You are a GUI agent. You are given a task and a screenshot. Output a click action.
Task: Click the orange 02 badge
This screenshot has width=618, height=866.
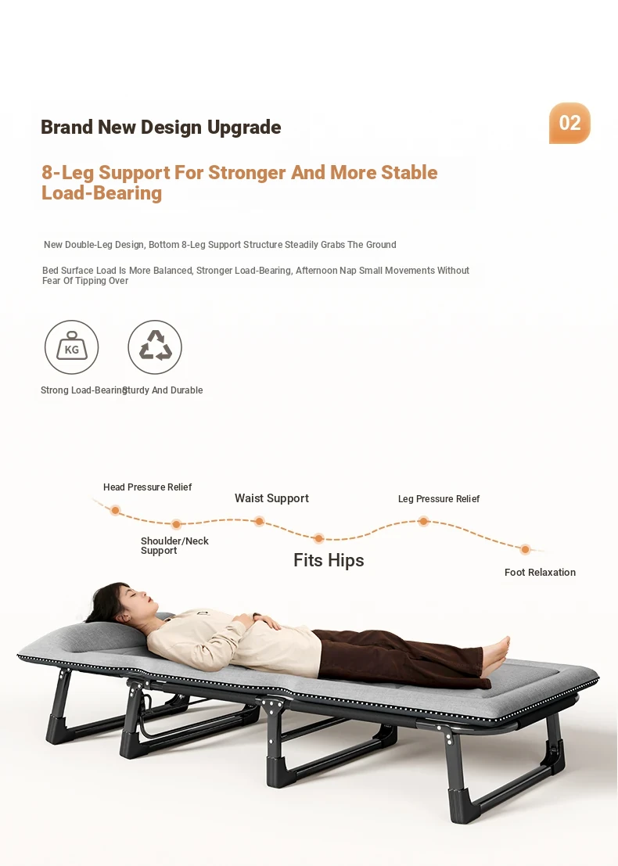[569, 123]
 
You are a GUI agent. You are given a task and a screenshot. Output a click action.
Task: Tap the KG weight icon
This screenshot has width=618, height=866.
[71, 347]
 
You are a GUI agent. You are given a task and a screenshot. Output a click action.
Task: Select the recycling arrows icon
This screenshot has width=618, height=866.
[155, 347]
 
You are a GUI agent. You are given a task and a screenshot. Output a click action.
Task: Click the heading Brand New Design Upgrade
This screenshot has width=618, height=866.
[160, 127]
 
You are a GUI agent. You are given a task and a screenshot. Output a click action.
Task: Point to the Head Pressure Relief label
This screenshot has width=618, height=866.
[147, 487]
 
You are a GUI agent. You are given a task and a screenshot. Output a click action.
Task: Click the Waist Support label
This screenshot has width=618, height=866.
[271, 498]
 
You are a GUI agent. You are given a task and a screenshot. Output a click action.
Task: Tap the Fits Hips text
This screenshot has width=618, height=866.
[329, 561]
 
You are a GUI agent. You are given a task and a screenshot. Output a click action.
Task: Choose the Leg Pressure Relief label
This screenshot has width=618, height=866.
[439, 499]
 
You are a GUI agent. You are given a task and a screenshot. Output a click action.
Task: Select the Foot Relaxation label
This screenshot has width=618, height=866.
[540, 572]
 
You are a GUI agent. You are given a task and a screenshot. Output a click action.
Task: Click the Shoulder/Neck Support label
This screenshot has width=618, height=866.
[174, 546]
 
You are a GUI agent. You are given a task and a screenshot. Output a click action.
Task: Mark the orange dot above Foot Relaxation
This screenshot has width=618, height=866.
[525, 549]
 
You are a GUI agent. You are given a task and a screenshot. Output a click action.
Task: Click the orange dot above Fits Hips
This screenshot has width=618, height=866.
[318, 538]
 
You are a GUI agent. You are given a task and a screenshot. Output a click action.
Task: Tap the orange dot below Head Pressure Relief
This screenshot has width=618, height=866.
[115, 510]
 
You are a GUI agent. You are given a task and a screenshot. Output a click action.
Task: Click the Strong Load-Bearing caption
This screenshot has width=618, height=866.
[84, 390]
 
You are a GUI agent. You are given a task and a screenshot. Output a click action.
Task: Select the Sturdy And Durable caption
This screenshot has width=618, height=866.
[163, 390]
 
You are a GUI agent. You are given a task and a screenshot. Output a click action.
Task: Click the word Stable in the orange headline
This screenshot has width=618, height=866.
[409, 172]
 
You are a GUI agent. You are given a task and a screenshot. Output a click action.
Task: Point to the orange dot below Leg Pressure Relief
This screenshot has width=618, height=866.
[423, 521]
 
